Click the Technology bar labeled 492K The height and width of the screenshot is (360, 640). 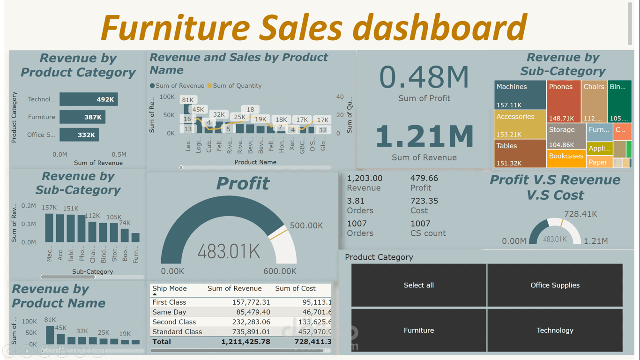(x=89, y=99)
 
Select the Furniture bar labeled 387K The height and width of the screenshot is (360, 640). (x=82, y=117)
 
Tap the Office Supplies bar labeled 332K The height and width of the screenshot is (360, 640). (x=79, y=135)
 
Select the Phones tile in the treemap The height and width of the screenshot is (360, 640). (x=564, y=101)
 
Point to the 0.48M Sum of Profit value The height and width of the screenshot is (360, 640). (x=424, y=77)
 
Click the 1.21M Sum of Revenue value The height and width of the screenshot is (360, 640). (x=424, y=136)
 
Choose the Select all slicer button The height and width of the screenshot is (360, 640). (x=419, y=285)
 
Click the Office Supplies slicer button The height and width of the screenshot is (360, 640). (x=555, y=285)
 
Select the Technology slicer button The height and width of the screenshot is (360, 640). (x=555, y=330)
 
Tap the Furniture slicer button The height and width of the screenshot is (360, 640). (x=419, y=330)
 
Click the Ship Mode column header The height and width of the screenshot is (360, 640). (x=170, y=289)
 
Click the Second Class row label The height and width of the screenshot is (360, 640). (x=174, y=322)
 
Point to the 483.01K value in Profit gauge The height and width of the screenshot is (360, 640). (x=229, y=252)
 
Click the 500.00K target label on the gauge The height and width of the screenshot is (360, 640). (x=306, y=225)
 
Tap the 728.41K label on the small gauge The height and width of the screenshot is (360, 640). (x=580, y=214)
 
